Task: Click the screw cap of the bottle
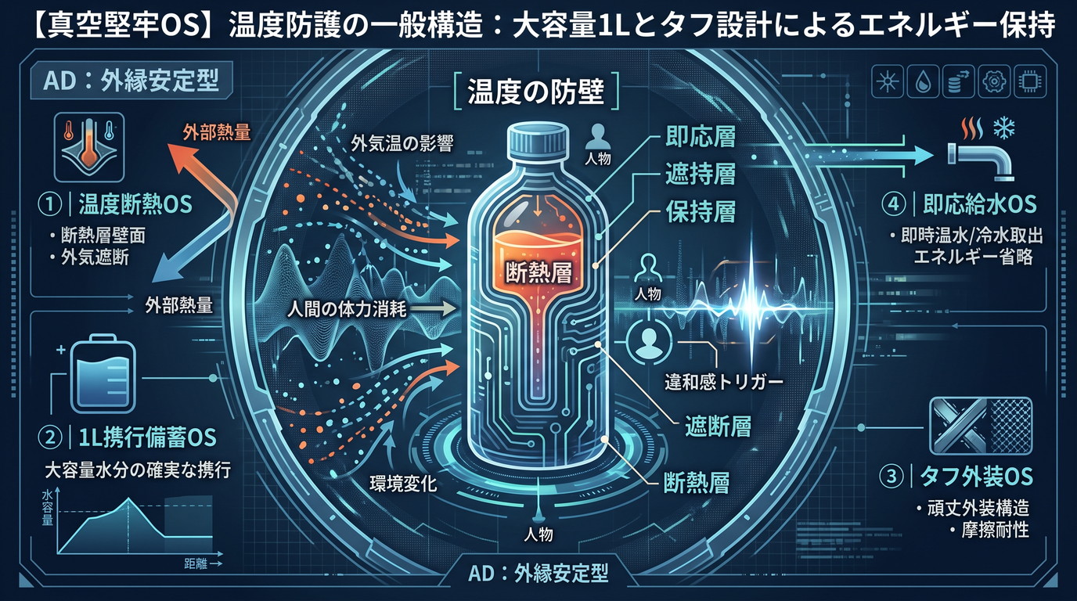(538, 140)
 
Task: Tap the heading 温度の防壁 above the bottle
(535, 91)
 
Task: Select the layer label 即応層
(701, 136)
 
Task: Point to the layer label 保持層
(701, 211)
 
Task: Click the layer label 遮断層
(718, 426)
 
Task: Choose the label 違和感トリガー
(724, 382)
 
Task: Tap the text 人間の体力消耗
(347, 308)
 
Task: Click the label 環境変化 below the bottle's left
(403, 483)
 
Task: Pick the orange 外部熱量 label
(216, 132)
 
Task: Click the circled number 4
(894, 204)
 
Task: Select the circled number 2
(50, 437)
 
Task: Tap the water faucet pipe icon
(980, 160)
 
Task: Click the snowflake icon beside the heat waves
(1004, 128)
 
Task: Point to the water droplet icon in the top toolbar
(922, 81)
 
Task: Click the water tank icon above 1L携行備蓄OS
(103, 373)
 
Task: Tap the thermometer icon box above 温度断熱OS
(89, 147)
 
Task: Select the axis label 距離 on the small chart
(196, 563)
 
